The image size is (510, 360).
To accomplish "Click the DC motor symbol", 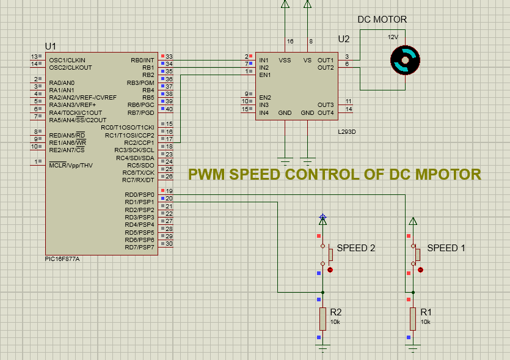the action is click(405, 61).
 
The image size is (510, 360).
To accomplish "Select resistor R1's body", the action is click(413, 319).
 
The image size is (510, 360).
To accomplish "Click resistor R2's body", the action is click(322, 319).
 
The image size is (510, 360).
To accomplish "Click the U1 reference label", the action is click(51, 46).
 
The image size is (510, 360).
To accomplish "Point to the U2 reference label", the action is click(344, 39).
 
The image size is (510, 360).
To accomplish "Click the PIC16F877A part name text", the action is click(62, 259).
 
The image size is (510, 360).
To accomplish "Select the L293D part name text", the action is click(347, 132).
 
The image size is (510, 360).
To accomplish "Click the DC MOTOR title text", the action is click(382, 20).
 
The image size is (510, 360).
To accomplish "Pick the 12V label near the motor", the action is click(393, 37).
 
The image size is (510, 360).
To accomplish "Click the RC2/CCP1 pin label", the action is click(139, 142).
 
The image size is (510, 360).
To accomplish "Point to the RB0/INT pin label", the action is click(142, 61).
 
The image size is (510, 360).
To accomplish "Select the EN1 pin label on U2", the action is click(264, 75).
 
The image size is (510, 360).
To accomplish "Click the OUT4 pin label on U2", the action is click(326, 112).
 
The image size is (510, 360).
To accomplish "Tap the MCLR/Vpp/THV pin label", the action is click(71, 165).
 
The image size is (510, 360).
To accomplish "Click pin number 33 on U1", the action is click(169, 56).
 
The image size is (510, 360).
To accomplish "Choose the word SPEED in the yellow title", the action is click(255, 174).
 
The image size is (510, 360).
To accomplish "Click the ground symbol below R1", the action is click(413, 348).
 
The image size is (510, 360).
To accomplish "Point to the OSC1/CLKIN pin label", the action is click(67, 61).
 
